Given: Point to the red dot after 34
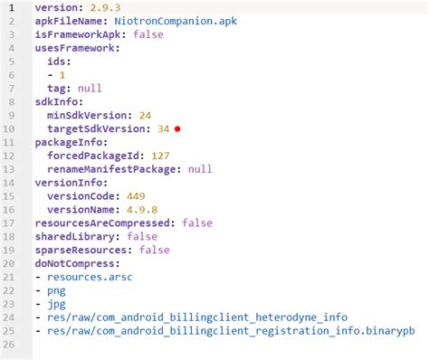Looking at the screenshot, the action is tap(178, 129).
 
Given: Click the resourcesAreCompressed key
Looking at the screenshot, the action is tap(104, 223).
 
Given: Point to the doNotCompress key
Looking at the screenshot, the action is tap(73, 264).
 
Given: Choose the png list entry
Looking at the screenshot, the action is tap(56, 291).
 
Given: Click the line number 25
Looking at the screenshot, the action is tap(13, 332).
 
